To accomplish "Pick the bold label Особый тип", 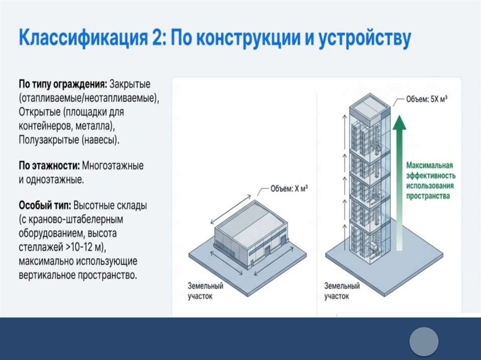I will point(45,206).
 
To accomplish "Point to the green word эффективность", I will point(429,175).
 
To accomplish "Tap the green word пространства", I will point(428,196).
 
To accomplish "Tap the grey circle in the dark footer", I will point(423,341).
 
